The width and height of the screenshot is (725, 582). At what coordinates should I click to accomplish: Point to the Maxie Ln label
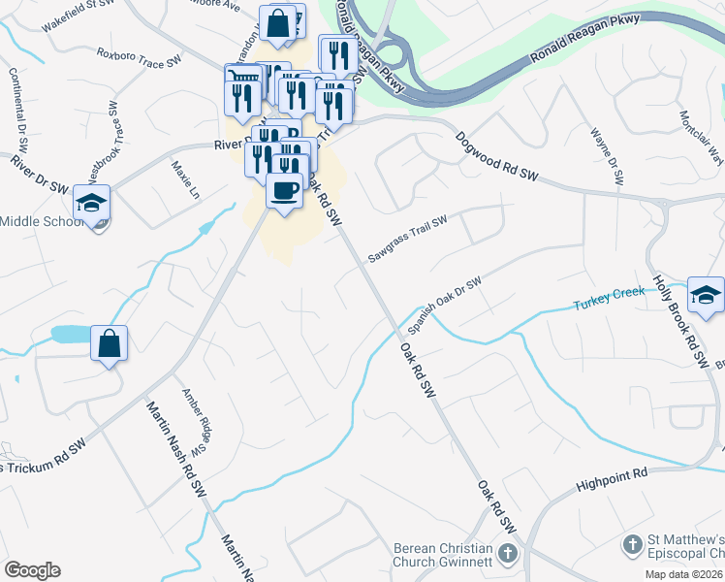click(x=182, y=180)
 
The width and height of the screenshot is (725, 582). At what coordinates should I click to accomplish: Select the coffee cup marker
click(x=284, y=191)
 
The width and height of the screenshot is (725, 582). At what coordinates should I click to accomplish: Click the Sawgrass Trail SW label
click(x=407, y=239)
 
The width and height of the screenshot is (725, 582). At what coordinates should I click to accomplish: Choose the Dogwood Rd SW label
click(x=496, y=155)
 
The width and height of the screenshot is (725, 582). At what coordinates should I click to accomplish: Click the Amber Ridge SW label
click(x=197, y=423)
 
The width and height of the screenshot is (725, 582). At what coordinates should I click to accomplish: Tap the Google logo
click(x=32, y=570)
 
